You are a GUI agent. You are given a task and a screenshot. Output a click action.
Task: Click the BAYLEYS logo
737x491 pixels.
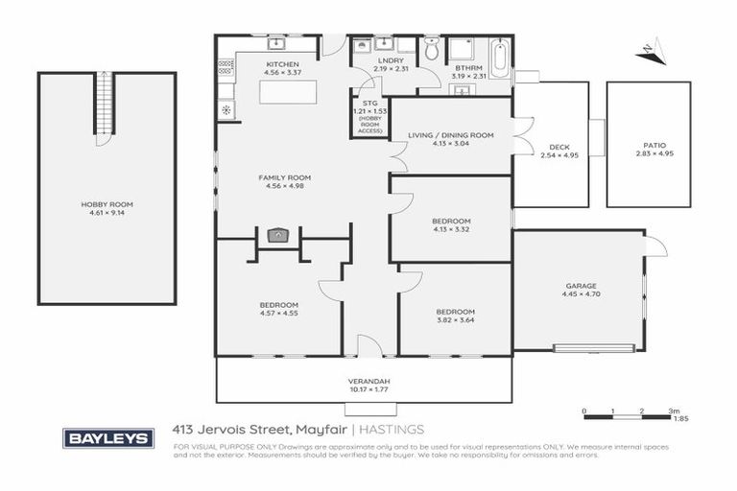click(107, 438)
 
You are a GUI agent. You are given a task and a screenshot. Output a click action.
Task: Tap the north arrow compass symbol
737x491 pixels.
click(652, 50)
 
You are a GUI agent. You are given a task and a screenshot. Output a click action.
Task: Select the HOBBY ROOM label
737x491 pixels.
click(107, 204)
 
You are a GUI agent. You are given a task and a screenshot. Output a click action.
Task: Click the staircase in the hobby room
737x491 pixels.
click(107, 105)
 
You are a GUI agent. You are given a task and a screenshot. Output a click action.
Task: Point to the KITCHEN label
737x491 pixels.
click(283, 64)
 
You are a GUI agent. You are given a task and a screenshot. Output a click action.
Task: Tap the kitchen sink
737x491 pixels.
click(277, 44)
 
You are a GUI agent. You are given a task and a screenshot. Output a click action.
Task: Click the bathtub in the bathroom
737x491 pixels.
click(501, 52)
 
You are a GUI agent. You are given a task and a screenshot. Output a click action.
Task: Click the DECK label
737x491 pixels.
click(552, 147)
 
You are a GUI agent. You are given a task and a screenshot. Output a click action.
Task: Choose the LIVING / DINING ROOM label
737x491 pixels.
click(451, 135)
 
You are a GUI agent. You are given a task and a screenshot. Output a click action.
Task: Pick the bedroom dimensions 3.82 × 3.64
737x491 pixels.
click(456, 321)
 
